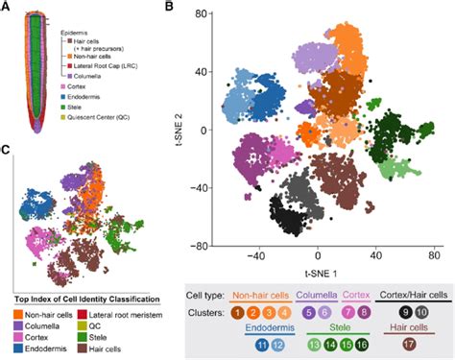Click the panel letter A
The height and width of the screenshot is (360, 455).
(7, 7)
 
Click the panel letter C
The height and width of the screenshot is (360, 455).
(7, 148)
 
